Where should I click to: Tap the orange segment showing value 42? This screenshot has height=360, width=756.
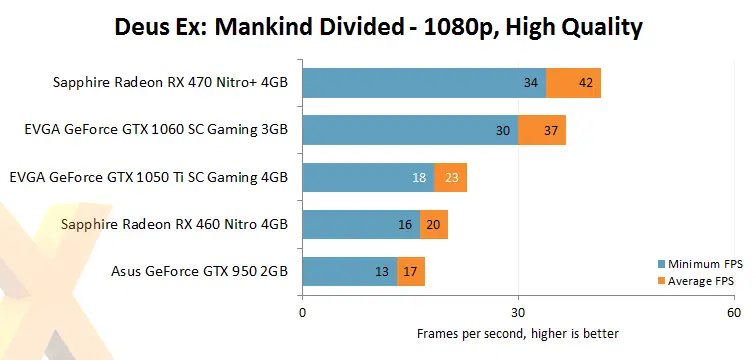(x=574, y=83)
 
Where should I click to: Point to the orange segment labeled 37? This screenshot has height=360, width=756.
(x=542, y=130)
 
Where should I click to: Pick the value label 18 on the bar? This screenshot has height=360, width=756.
(x=418, y=177)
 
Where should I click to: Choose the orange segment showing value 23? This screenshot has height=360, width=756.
(x=450, y=177)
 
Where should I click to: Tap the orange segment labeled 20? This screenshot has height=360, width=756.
(x=434, y=224)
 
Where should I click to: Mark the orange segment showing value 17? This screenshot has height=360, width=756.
(x=411, y=271)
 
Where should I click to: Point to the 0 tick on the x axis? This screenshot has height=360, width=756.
(x=303, y=312)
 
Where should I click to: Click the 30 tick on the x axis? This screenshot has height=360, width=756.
(x=518, y=312)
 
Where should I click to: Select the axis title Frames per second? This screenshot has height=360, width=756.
(x=518, y=333)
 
